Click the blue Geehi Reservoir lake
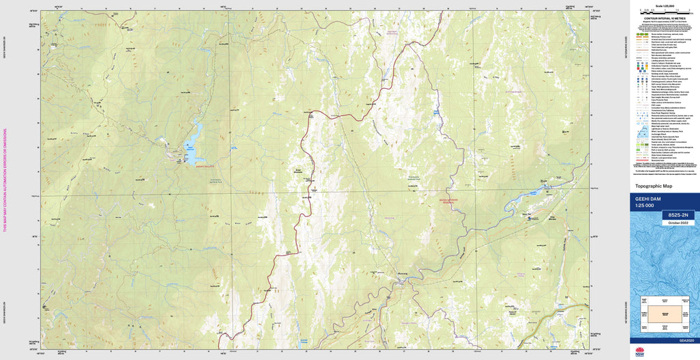[193, 141]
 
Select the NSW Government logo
[639, 352]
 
